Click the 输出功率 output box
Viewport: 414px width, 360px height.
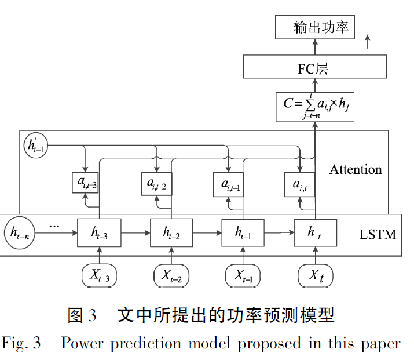316,27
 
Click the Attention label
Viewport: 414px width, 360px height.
356,169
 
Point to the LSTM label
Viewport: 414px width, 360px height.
378,234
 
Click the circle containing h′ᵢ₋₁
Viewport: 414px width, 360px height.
36,146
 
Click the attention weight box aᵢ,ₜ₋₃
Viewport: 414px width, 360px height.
86,184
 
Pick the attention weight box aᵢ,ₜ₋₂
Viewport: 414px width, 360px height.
157,184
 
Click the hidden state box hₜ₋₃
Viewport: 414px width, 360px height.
100,232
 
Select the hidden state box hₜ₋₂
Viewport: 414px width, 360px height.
171,232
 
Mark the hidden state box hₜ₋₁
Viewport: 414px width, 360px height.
243,232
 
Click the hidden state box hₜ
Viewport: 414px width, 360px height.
315,232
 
